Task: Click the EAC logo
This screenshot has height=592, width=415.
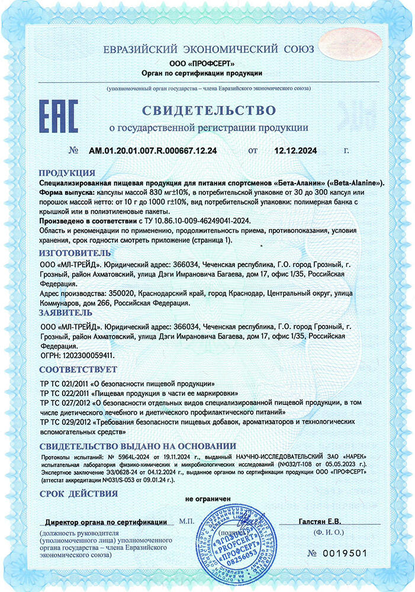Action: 58,116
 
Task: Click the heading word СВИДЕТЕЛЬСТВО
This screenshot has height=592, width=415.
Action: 208,111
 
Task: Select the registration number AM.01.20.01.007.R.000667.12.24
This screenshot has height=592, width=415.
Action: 153,151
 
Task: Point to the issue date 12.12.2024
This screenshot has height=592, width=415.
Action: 295,151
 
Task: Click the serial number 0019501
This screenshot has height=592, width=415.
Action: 346,553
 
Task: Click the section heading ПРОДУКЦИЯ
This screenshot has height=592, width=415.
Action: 67,173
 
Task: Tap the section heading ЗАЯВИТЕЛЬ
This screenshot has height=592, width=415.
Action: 66,312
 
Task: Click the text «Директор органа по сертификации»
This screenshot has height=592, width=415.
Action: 106,522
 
